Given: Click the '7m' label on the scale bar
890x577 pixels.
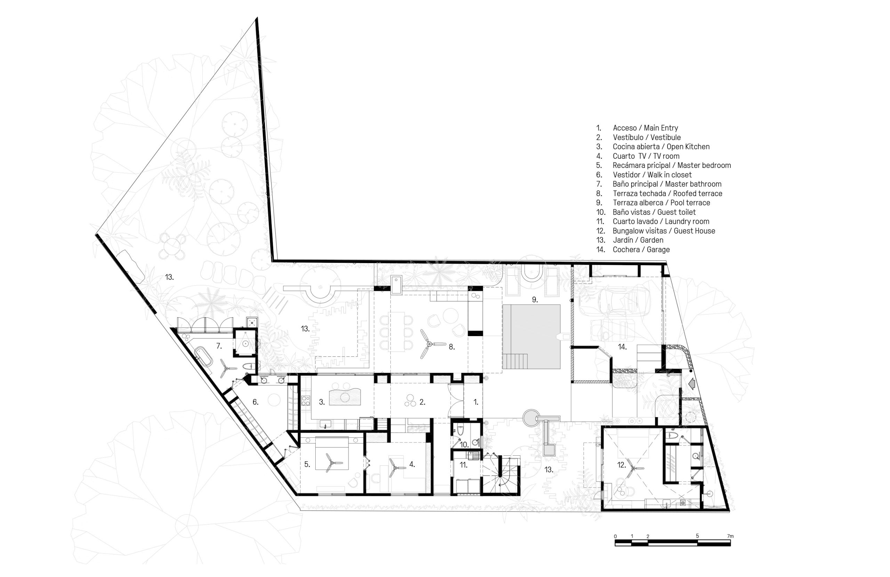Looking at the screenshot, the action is click(x=730, y=536).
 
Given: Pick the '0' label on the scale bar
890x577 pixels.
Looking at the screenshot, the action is click(x=615, y=536).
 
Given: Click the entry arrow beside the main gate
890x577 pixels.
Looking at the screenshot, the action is click(x=691, y=383).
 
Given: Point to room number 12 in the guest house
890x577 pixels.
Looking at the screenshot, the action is click(x=622, y=465).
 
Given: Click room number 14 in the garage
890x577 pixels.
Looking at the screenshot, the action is click(x=622, y=347).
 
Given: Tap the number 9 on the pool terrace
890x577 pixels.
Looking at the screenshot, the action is click(x=535, y=300).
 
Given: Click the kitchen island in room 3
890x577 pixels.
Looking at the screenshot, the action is click(x=345, y=397).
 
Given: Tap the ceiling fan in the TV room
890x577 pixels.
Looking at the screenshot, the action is click(x=395, y=468).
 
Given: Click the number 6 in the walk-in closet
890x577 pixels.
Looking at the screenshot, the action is click(x=256, y=402).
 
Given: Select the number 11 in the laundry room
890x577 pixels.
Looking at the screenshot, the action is click(x=463, y=465).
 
